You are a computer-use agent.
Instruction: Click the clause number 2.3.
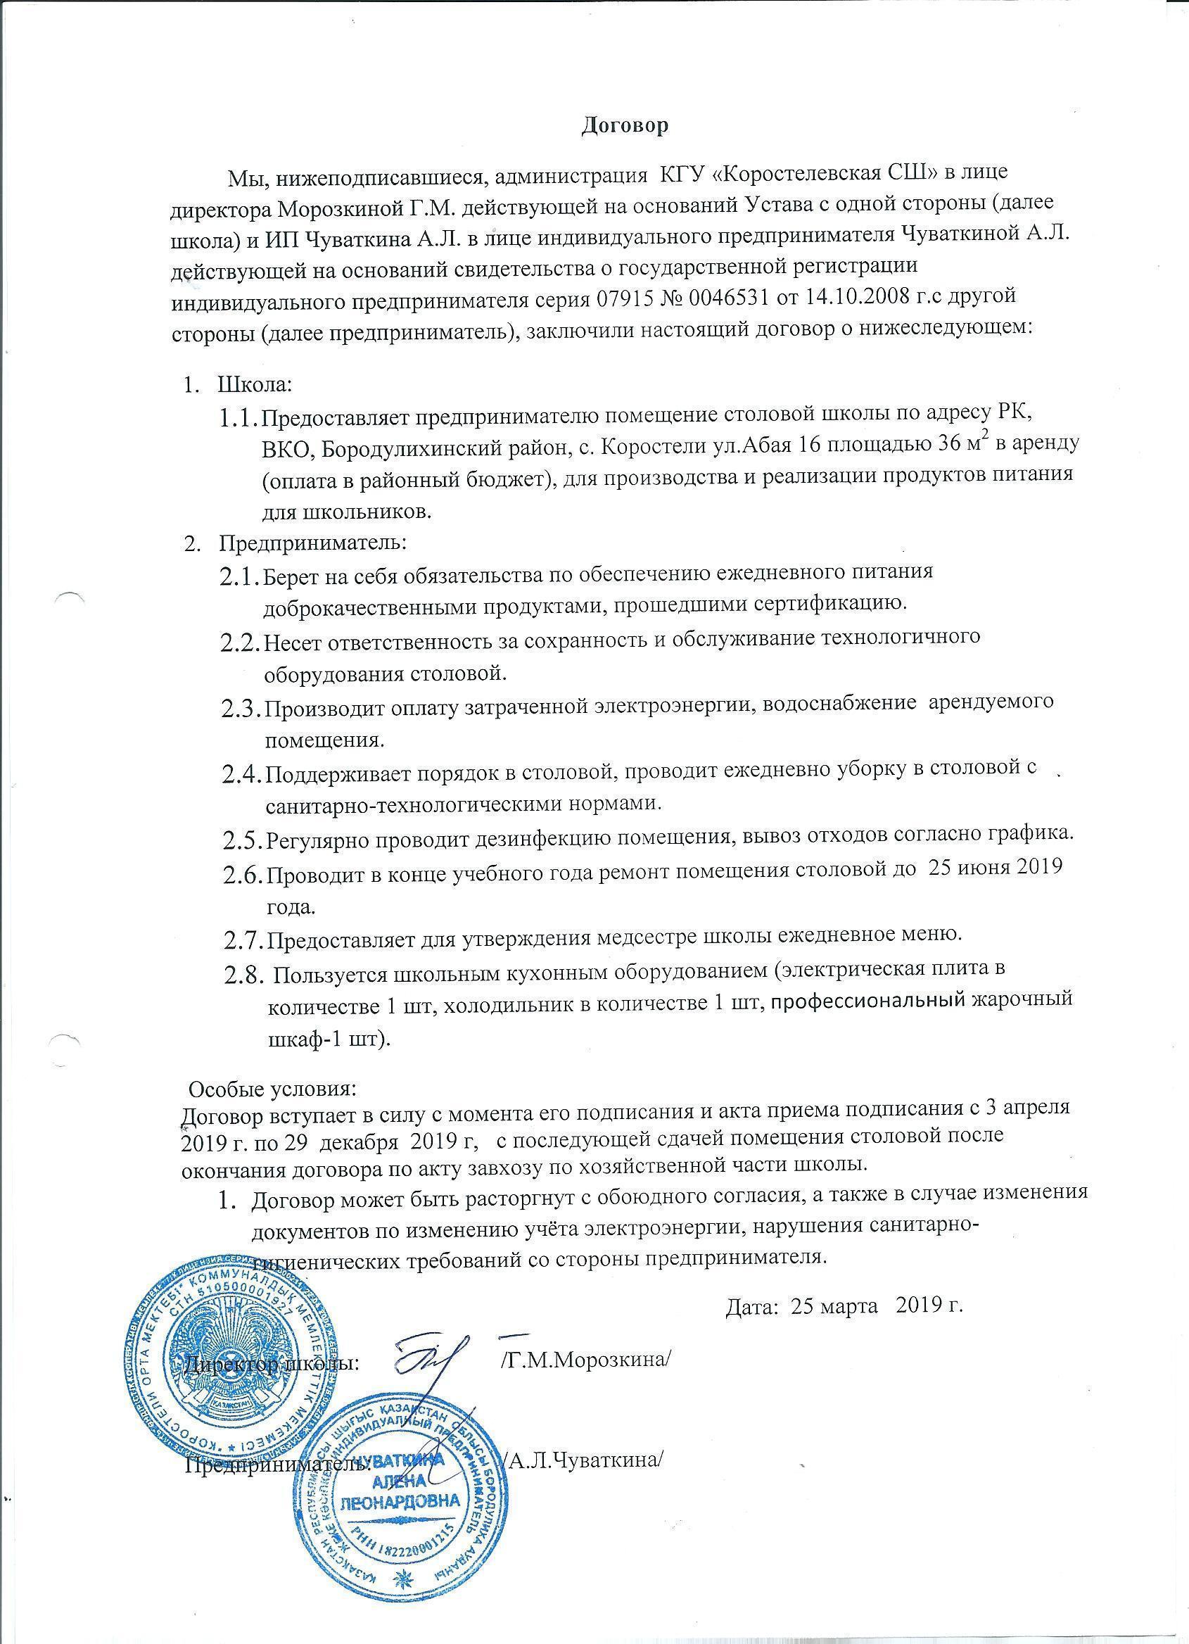pyautogui.click(x=241, y=708)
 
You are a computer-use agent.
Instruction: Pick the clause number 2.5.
pyautogui.click(x=243, y=840)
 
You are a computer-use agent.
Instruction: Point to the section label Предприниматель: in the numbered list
pyautogui.click(x=314, y=540)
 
